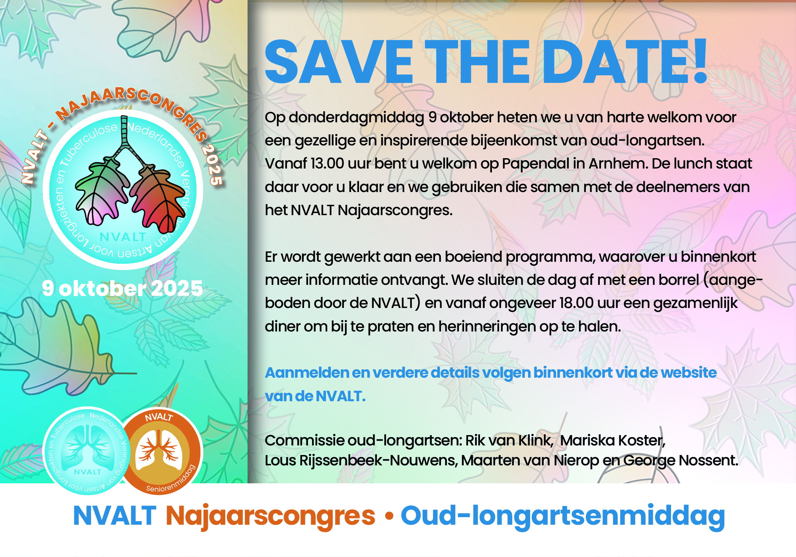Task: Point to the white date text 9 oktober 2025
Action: (122, 288)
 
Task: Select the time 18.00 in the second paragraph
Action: (577, 303)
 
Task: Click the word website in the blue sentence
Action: (689, 373)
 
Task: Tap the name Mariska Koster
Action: (613, 441)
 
